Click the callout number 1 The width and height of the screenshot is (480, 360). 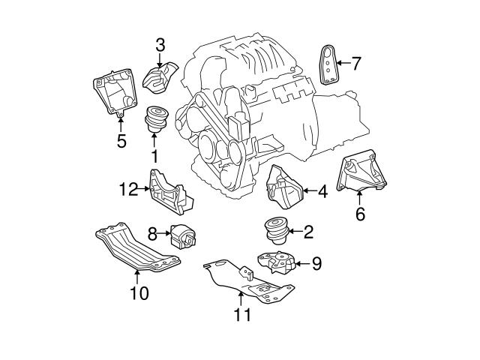pyautogui.click(x=154, y=157)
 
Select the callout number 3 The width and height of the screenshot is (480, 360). pyautogui.click(x=160, y=46)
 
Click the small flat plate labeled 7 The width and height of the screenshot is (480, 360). pyautogui.click(x=328, y=64)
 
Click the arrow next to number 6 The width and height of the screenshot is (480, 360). pyautogui.click(x=359, y=198)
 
